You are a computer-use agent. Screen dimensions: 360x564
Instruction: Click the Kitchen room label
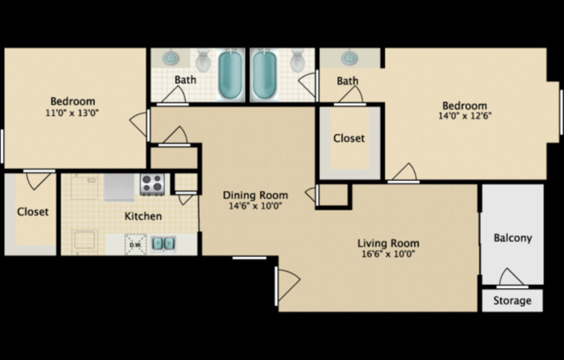pos(143,215)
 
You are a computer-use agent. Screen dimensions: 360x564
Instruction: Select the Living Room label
pos(388,243)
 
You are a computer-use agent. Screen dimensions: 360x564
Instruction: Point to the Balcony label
pos(512,238)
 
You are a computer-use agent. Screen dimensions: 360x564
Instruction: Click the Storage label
pos(512,301)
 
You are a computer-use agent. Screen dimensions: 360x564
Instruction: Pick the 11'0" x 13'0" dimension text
pos(73,112)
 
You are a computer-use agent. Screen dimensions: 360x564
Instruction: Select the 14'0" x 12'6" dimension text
pos(467,116)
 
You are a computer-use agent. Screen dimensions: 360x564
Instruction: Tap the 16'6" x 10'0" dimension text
pos(388,254)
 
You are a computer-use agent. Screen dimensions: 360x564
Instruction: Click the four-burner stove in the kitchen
pos(153,183)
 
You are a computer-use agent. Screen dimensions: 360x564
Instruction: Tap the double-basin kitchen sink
pos(163,243)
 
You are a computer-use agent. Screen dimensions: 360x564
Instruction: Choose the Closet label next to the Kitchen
pos(33,211)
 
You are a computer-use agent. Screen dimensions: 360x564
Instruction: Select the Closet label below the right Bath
pos(349,138)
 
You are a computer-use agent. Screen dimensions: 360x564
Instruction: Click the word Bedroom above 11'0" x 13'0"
pos(73,101)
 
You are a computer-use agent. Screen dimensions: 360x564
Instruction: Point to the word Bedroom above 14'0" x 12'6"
pos(467,106)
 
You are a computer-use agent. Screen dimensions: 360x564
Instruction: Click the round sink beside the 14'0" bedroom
pos(349,58)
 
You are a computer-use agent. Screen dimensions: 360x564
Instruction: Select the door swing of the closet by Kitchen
pos(39,180)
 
